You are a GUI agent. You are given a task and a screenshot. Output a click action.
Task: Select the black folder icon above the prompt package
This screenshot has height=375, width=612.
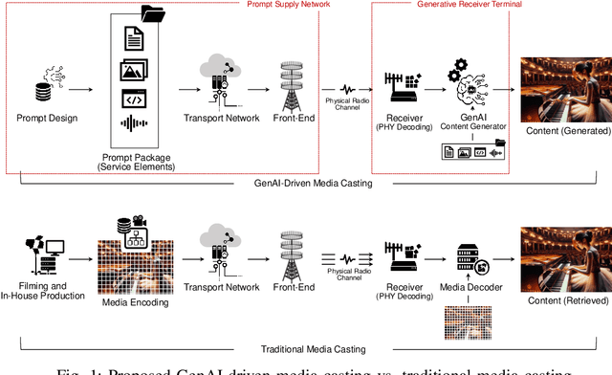(x=152, y=13)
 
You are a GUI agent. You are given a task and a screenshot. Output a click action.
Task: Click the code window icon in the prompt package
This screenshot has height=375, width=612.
(x=133, y=98)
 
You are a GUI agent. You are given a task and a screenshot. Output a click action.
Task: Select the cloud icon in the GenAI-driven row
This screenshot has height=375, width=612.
(x=219, y=71)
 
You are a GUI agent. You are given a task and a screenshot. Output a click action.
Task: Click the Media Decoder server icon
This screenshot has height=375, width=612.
(x=466, y=259)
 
